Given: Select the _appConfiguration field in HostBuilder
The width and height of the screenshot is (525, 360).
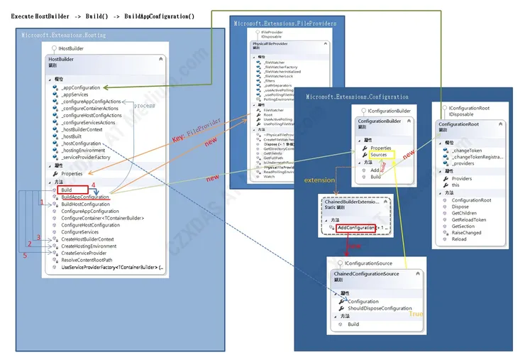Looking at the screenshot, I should (x=80, y=87).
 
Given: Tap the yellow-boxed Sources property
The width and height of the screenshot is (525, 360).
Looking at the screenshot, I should (x=380, y=155).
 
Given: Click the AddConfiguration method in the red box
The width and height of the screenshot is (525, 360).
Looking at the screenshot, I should (x=356, y=227).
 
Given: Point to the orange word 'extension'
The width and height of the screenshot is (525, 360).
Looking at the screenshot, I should (x=319, y=180).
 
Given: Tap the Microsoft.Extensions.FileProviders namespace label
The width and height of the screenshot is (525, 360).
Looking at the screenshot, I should (x=285, y=23).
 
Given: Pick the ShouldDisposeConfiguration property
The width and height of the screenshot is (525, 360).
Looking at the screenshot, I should (x=380, y=308).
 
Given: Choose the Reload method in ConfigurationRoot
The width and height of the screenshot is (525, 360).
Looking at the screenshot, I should (x=459, y=239).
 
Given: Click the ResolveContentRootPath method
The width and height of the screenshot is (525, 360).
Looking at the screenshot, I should (x=87, y=260).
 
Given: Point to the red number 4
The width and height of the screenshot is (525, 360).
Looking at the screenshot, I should (x=93, y=185).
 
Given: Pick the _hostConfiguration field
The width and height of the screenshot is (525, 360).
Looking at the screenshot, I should (x=82, y=143).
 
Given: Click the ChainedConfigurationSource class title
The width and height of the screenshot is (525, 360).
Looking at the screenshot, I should (x=365, y=273).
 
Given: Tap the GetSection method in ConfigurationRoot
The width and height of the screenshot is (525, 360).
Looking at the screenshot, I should (x=463, y=226).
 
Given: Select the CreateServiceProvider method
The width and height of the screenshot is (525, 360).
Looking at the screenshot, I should (x=84, y=253).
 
